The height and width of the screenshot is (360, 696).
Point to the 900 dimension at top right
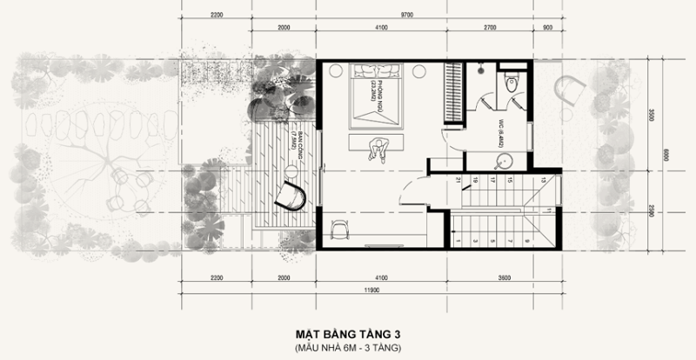coord(546,28)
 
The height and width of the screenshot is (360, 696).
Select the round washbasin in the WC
coord(502,162)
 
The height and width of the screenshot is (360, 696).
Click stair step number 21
coord(458,181)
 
